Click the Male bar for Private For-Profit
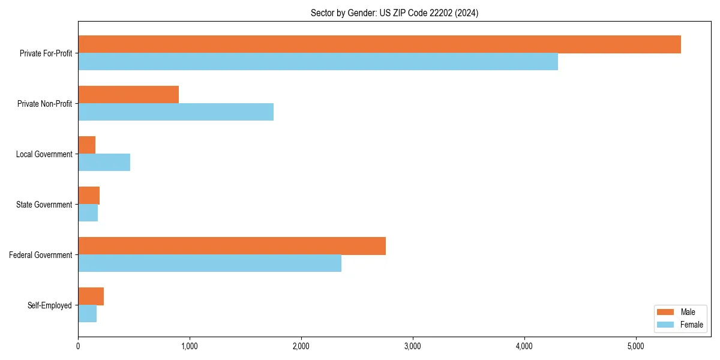tap(379, 44)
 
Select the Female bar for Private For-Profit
tap(318, 62)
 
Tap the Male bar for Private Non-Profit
tap(128, 95)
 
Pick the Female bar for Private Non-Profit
tap(176, 112)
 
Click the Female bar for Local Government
tap(104, 163)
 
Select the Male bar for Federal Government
tap(232, 246)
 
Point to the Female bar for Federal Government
tap(209, 263)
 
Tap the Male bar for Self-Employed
tap(91, 296)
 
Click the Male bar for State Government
tap(89, 196)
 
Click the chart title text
tap(394, 13)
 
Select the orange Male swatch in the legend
tap(666, 312)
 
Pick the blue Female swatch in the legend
tap(666, 325)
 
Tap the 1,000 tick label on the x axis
tap(190, 346)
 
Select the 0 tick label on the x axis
tap(78, 346)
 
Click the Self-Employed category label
tap(50, 305)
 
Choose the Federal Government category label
tap(41, 255)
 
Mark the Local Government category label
tap(44, 154)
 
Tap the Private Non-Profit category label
tap(44, 104)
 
